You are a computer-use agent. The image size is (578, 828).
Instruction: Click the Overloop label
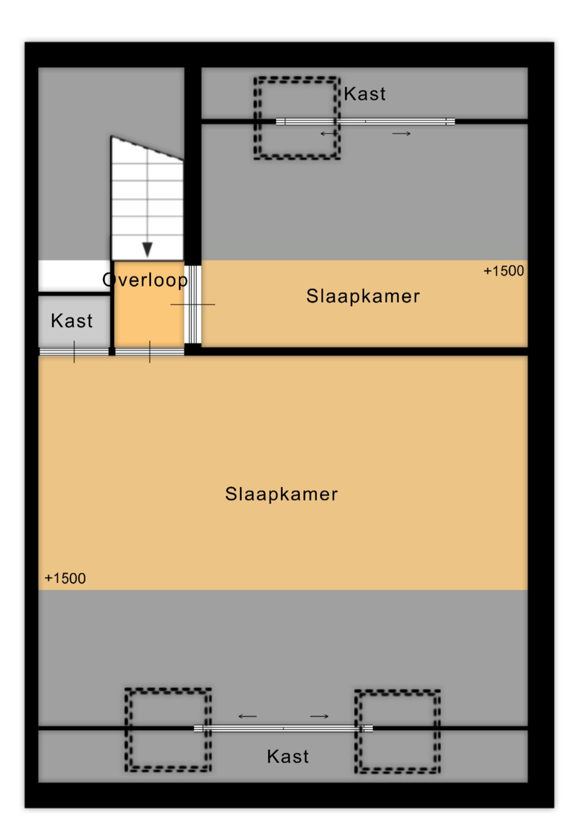click(145, 280)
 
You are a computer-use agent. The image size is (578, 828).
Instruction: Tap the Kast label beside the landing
click(71, 320)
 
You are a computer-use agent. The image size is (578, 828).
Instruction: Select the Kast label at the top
click(365, 94)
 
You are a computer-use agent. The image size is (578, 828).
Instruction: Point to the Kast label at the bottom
click(287, 756)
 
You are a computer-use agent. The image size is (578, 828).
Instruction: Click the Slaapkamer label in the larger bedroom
click(281, 494)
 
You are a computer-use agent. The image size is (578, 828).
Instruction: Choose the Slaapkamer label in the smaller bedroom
click(363, 296)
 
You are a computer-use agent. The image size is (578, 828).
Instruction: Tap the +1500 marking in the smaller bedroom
click(504, 271)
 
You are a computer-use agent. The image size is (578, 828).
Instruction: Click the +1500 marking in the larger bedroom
click(65, 579)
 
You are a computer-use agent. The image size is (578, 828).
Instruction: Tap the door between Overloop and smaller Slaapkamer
click(192, 304)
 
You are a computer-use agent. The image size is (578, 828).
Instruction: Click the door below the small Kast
click(74, 352)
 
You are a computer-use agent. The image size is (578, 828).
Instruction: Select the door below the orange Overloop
click(150, 352)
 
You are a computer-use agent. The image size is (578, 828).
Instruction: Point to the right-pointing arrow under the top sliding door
click(401, 133)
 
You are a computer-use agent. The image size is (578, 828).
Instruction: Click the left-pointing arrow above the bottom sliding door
click(248, 717)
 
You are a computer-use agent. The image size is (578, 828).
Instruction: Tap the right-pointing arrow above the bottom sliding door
click(319, 717)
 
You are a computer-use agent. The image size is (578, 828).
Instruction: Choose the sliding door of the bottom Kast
click(283, 728)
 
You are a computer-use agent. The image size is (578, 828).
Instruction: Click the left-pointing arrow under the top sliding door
click(329, 133)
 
